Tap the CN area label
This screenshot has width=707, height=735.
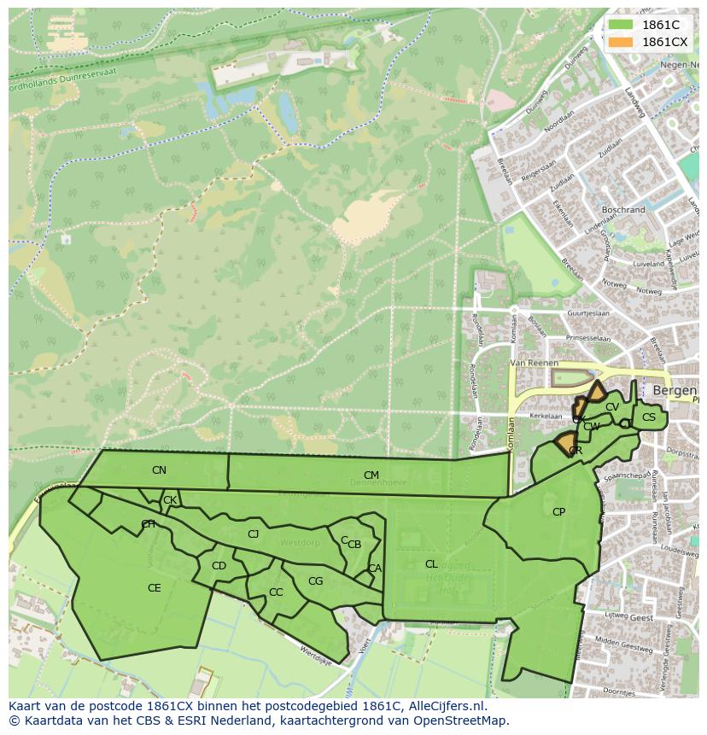(x=159, y=470)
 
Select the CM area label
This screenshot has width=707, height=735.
(x=371, y=475)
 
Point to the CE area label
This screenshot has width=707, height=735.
(x=155, y=588)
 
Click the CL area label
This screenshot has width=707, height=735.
(x=431, y=564)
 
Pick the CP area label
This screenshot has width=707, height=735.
(x=558, y=512)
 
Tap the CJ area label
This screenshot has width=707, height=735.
(x=253, y=534)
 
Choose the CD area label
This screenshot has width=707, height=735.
(x=219, y=566)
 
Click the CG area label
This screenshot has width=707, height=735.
(x=315, y=581)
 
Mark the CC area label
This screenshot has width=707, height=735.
(x=276, y=592)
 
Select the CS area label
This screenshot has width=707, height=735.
(x=649, y=417)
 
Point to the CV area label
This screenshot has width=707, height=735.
(x=611, y=407)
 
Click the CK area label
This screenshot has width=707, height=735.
(x=170, y=500)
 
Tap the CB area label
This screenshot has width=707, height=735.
(x=354, y=545)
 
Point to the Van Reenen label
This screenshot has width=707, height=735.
(x=533, y=363)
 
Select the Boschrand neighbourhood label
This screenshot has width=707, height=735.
(x=623, y=209)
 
